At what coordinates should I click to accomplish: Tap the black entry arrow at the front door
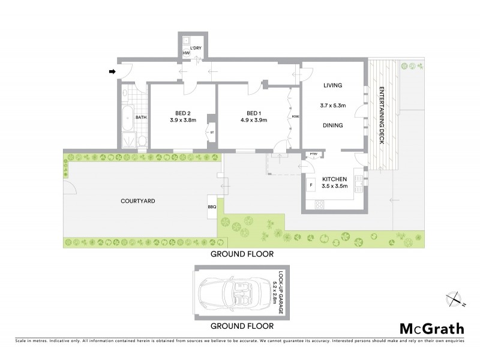(112, 72)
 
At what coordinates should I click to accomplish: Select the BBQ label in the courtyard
(212, 207)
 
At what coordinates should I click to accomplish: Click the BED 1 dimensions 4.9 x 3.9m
(254, 120)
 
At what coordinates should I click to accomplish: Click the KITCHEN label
(334, 179)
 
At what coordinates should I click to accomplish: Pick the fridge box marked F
(311, 185)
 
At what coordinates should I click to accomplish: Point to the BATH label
(141, 118)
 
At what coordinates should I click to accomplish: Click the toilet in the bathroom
(141, 141)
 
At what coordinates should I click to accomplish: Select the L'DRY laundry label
(196, 47)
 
